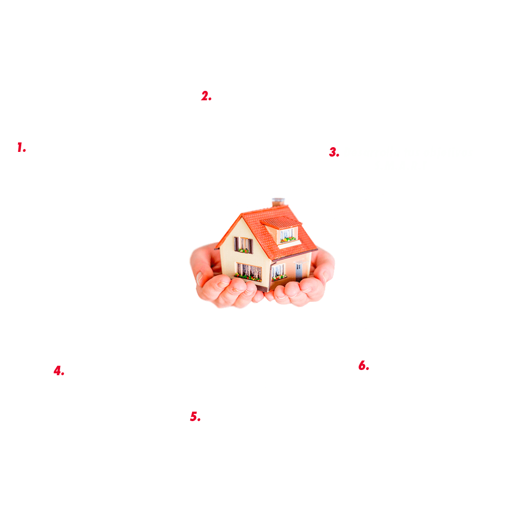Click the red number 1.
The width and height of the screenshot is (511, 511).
click(21, 148)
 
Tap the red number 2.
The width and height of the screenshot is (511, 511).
click(206, 96)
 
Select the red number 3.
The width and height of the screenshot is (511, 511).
click(334, 153)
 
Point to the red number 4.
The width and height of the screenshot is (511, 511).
click(59, 371)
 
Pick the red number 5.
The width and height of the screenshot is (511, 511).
click(195, 417)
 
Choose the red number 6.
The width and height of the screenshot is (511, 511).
click(363, 366)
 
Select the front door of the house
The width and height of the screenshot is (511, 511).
click(299, 270)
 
